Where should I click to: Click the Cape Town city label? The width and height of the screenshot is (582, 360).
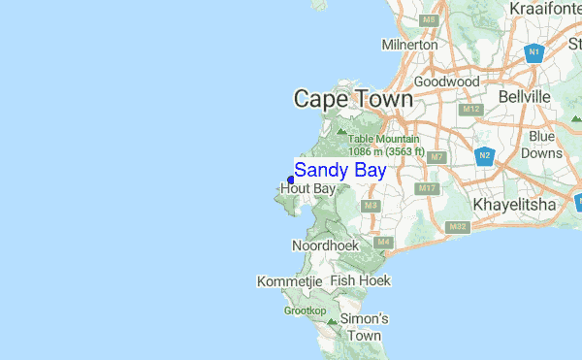click(x=353, y=99)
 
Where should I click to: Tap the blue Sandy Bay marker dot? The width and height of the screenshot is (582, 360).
click(x=291, y=179)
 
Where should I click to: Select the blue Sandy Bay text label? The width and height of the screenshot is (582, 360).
click(x=339, y=171)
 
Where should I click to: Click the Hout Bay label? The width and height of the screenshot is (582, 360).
click(x=307, y=188)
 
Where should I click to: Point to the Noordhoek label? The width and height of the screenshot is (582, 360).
click(x=325, y=246)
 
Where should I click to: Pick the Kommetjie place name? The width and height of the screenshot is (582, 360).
click(x=289, y=281)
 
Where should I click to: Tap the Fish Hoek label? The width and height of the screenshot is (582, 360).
click(x=360, y=280)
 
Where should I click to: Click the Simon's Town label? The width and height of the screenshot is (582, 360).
click(x=364, y=327)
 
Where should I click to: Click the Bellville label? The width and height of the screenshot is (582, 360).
click(x=524, y=97)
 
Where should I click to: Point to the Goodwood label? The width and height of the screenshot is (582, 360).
click(x=447, y=82)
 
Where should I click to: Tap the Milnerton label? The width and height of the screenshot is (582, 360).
click(x=409, y=45)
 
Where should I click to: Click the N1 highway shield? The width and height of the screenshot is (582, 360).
click(x=534, y=53)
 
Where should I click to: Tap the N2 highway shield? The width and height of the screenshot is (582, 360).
click(x=485, y=155)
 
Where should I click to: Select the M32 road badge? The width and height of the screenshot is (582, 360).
click(x=458, y=226)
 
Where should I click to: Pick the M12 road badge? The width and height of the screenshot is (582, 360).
click(x=471, y=110)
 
